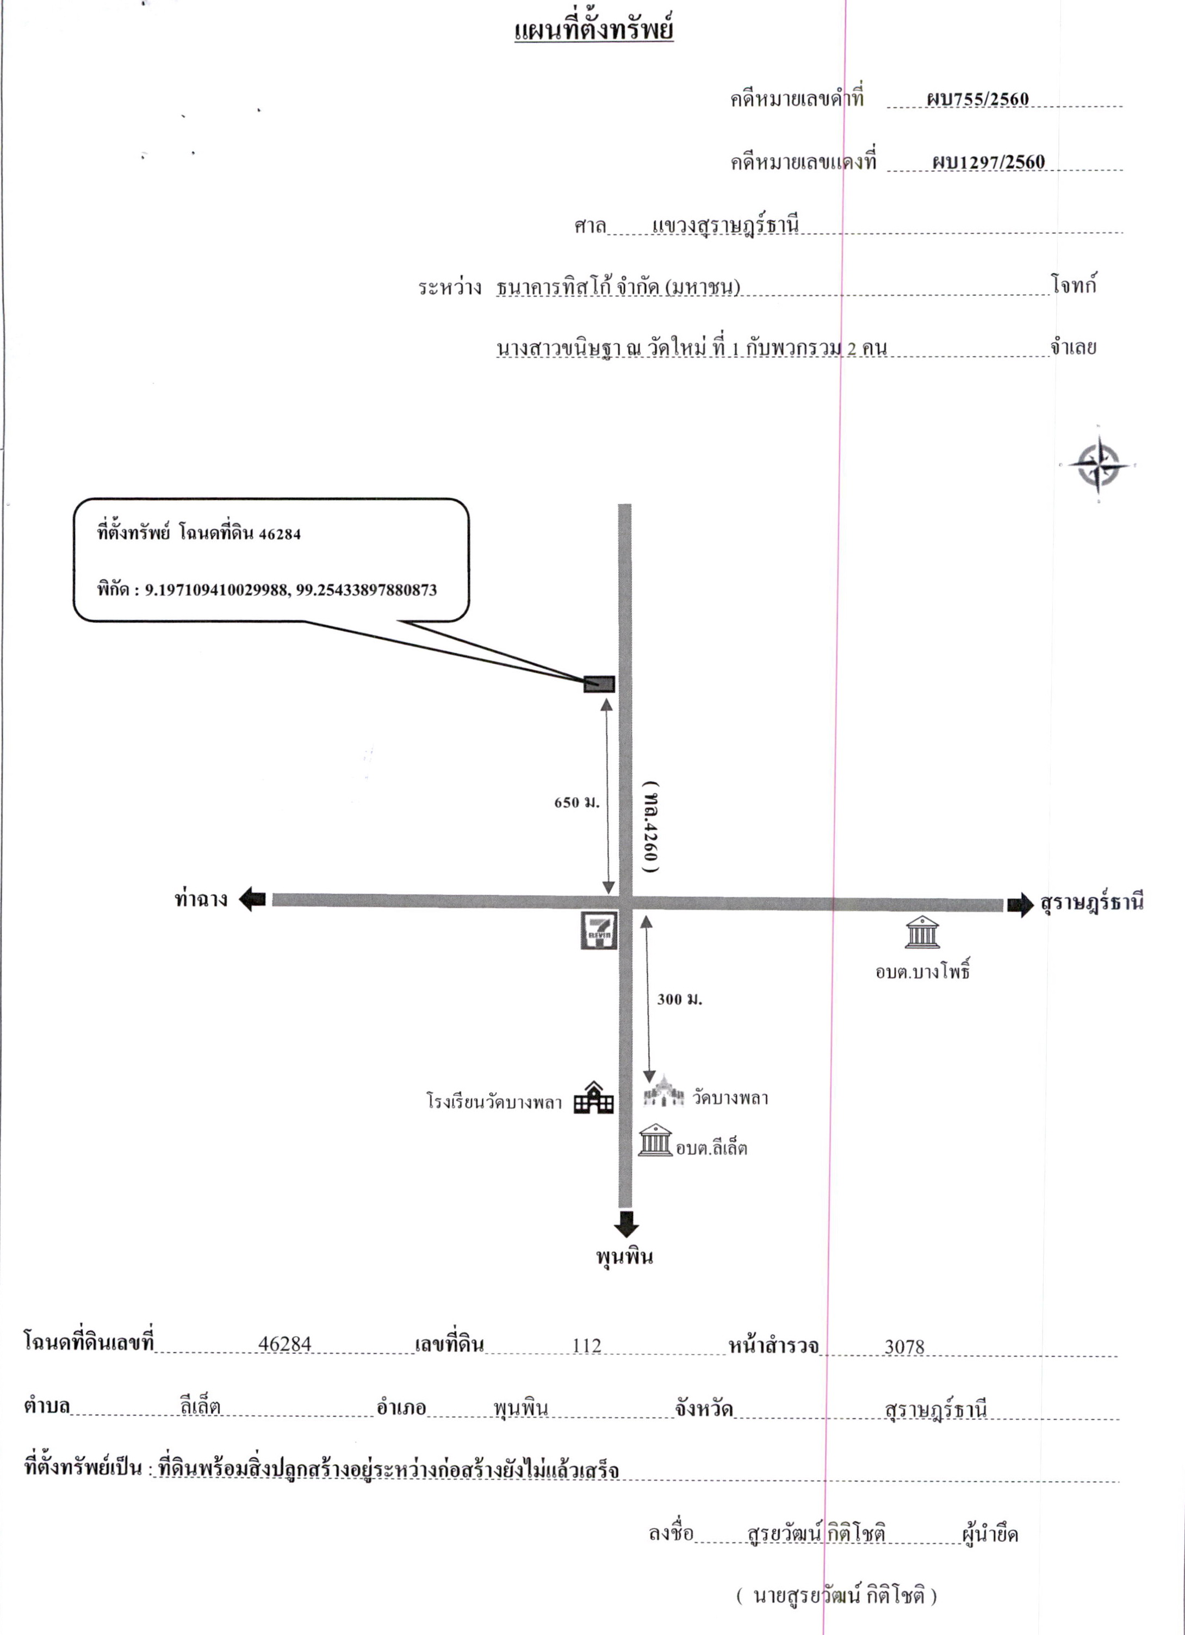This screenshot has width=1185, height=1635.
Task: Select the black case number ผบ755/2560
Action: (977, 99)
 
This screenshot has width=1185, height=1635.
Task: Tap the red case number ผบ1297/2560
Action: (988, 161)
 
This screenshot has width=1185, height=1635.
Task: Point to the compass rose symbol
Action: (1098, 464)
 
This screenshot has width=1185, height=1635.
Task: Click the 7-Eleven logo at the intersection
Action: (599, 930)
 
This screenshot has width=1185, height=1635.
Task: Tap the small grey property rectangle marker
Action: (599, 683)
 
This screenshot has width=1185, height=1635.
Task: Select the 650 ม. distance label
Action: (577, 801)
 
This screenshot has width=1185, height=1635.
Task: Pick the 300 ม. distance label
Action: (679, 999)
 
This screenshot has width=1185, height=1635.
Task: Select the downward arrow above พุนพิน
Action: (625, 1224)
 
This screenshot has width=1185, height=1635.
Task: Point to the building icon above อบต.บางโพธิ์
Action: (922, 932)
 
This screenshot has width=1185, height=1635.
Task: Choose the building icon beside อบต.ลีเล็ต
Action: (655, 1139)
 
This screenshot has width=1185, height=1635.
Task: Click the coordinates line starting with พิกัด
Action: (267, 590)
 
